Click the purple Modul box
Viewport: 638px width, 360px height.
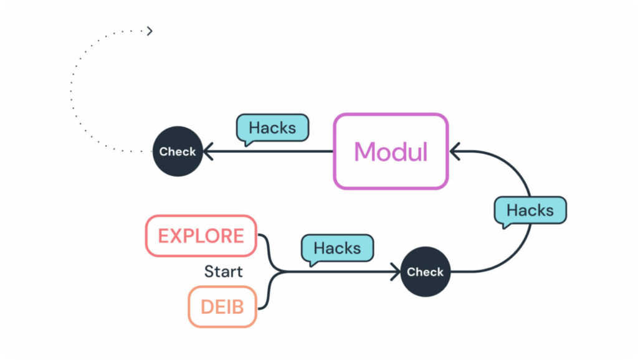[x=391, y=151]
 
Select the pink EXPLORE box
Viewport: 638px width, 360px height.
[x=201, y=236]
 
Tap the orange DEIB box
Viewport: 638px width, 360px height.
[x=222, y=306]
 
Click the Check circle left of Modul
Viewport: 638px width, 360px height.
[x=178, y=151]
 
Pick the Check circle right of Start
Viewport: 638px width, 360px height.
[x=425, y=272]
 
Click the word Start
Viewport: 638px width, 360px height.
[x=224, y=272]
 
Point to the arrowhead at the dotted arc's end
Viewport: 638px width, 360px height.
[x=150, y=31]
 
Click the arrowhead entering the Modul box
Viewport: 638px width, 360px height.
[x=454, y=151]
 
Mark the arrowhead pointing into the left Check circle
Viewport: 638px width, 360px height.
[x=208, y=151]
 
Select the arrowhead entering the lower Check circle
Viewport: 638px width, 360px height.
[x=396, y=272]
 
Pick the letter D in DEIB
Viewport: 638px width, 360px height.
[x=207, y=306]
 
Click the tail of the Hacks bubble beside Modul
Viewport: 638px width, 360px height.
[x=248, y=144]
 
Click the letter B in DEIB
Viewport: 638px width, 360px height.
[x=237, y=306]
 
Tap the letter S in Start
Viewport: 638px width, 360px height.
[x=209, y=272]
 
